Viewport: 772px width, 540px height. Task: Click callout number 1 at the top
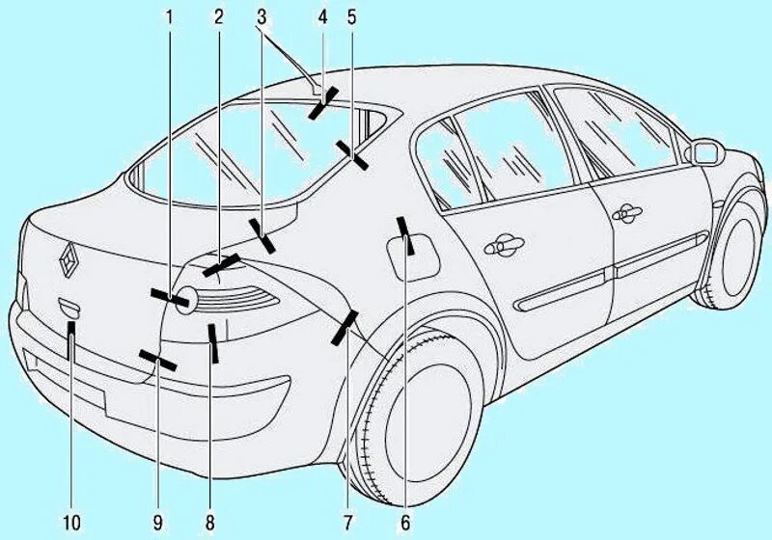coord(170,16)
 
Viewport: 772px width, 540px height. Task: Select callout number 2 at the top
coord(220,16)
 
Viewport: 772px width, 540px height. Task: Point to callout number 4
coord(323,16)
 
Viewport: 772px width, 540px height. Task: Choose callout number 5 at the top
coord(352,16)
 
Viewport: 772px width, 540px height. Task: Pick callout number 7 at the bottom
coord(345,523)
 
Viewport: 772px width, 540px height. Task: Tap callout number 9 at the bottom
coord(155,523)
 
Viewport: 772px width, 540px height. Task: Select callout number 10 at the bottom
coord(70,523)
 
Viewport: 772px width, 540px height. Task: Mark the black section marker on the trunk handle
coord(71,339)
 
